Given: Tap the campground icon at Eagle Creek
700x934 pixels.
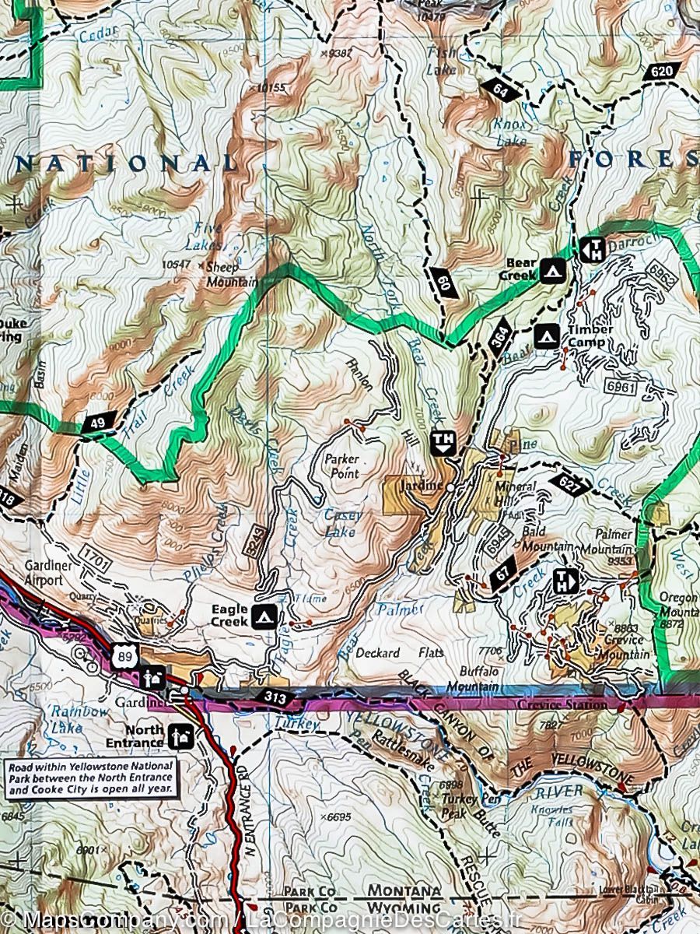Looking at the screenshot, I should pyautogui.click(x=264, y=616).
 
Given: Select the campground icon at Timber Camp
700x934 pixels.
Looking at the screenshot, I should pyautogui.click(x=547, y=335).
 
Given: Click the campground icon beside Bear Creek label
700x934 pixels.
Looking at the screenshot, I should pyautogui.click(x=553, y=270).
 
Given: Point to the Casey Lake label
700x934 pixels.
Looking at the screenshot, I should pyautogui.click(x=341, y=524).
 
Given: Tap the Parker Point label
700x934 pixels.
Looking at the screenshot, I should pyautogui.click(x=341, y=466).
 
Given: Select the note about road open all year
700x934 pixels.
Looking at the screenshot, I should pyautogui.click(x=92, y=778).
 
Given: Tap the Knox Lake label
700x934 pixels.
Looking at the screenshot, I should pyautogui.click(x=510, y=132).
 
